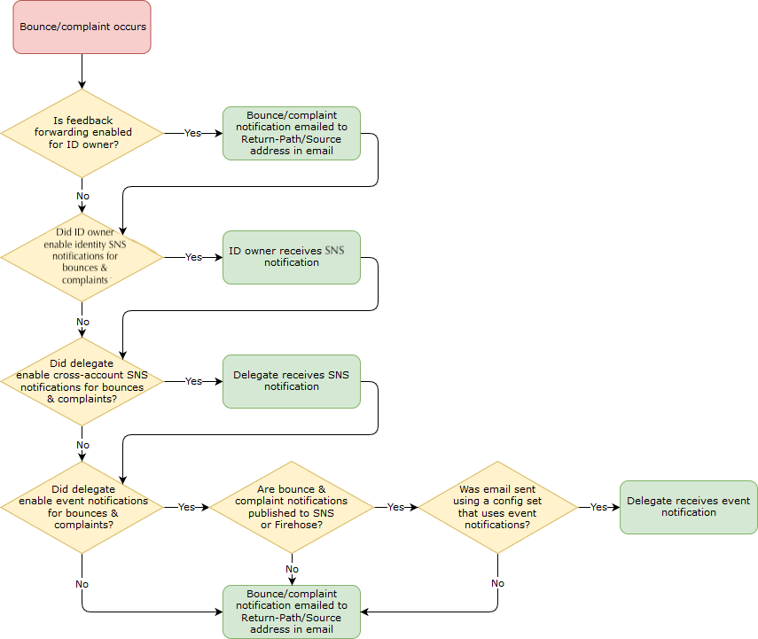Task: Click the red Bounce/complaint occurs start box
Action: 82,27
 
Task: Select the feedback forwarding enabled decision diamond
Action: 82,133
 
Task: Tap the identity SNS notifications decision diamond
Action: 82,257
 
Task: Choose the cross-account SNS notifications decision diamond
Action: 82,381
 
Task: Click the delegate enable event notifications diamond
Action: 82,507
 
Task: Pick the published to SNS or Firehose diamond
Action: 292,507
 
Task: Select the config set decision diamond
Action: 497,507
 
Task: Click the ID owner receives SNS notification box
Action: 292,257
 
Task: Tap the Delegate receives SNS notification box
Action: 292,381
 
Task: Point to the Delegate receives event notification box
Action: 689,507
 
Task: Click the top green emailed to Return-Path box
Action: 292,133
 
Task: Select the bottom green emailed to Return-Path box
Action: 292,612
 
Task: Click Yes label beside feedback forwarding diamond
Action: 192,133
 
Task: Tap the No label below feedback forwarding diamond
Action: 82,196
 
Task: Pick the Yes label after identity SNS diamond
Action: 193,257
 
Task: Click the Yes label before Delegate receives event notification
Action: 598,507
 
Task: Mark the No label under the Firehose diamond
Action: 292,569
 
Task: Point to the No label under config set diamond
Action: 497,583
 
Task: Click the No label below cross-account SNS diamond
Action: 82,445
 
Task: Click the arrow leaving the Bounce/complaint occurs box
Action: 82,71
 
